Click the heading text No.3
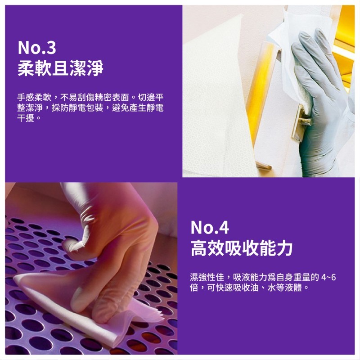(x=37, y=48)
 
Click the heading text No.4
(x=210, y=227)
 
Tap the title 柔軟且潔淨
(x=61, y=68)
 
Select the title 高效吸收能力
(x=242, y=248)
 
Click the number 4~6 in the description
(x=328, y=277)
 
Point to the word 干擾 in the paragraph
(x=26, y=118)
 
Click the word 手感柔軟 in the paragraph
(x=34, y=98)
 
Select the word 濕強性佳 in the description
(x=207, y=277)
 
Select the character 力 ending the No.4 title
(x=285, y=248)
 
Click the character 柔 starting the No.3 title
(x=26, y=68)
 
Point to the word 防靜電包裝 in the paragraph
(x=82, y=108)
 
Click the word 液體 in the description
(x=293, y=288)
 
